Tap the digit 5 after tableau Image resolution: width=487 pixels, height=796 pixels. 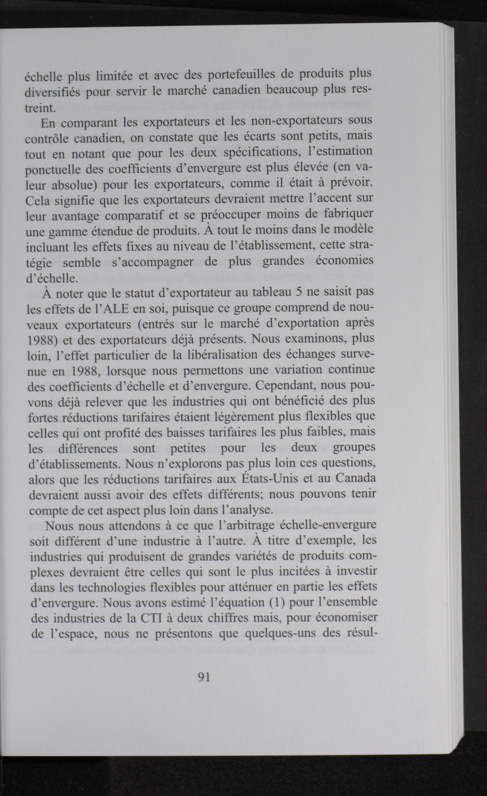click(299, 291)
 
